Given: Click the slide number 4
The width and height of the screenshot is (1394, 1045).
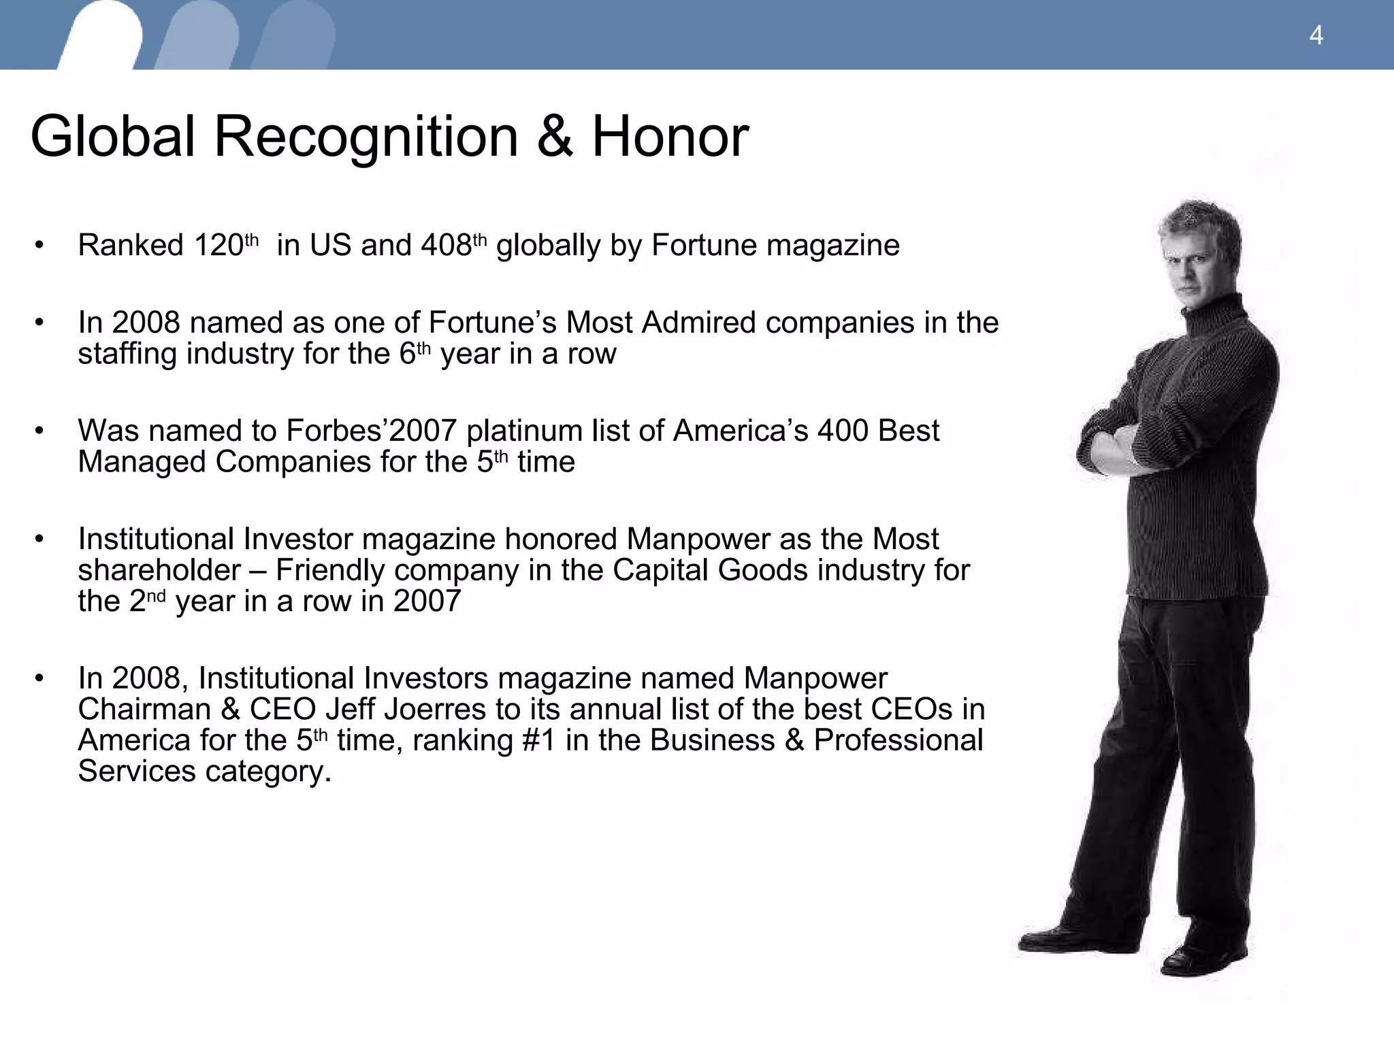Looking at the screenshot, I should (1316, 35).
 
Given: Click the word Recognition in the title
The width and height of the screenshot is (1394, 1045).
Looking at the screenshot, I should (368, 137).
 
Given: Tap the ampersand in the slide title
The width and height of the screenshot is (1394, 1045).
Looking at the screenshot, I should (554, 137).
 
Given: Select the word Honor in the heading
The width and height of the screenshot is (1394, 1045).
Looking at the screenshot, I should (670, 137).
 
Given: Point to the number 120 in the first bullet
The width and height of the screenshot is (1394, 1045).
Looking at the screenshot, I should (218, 246).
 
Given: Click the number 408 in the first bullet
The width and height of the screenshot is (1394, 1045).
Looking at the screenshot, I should (446, 246).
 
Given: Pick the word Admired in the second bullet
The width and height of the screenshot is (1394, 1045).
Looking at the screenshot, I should (698, 322).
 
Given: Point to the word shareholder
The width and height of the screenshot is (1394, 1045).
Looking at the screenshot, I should (159, 570).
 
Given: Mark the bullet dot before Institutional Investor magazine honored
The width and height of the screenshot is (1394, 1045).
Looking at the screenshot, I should (39, 540).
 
